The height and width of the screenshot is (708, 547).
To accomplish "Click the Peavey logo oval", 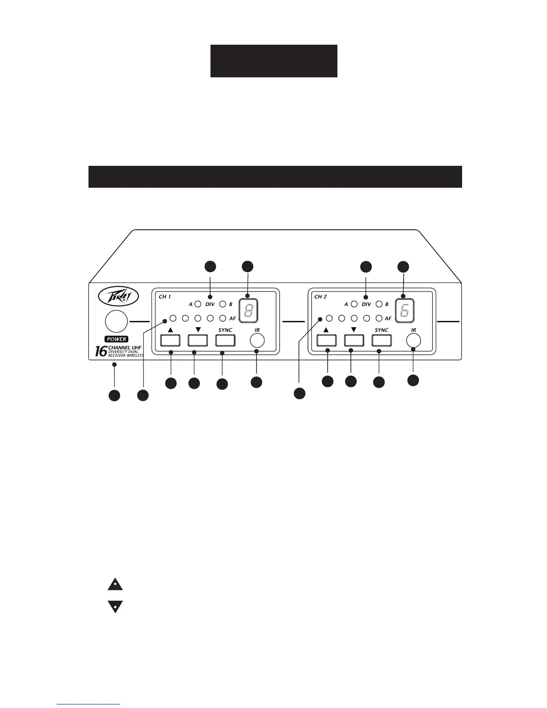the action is click(x=118, y=296).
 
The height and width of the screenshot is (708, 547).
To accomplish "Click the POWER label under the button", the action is click(x=116, y=339).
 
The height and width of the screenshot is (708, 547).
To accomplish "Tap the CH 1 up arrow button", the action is click(x=170, y=340).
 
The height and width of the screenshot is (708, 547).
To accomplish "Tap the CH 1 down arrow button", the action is click(x=198, y=340).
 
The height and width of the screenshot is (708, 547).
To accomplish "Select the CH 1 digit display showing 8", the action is click(x=249, y=310).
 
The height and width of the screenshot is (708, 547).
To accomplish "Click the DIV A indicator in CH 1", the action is click(x=198, y=304).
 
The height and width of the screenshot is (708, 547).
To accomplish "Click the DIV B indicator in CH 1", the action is click(x=222, y=304).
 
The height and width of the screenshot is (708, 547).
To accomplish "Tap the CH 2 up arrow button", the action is click(x=326, y=340).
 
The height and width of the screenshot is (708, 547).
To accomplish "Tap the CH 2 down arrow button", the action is click(x=354, y=340).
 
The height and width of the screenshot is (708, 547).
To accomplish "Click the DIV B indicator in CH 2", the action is click(x=379, y=304).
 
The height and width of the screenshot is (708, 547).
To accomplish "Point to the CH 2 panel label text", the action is click(x=321, y=296).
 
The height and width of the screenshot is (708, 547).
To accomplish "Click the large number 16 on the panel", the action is click(x=101, y=351).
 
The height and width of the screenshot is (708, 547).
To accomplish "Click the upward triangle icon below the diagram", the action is click(x=115, y=584).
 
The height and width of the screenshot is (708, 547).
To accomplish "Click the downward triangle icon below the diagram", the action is click(x=115, y=607).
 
